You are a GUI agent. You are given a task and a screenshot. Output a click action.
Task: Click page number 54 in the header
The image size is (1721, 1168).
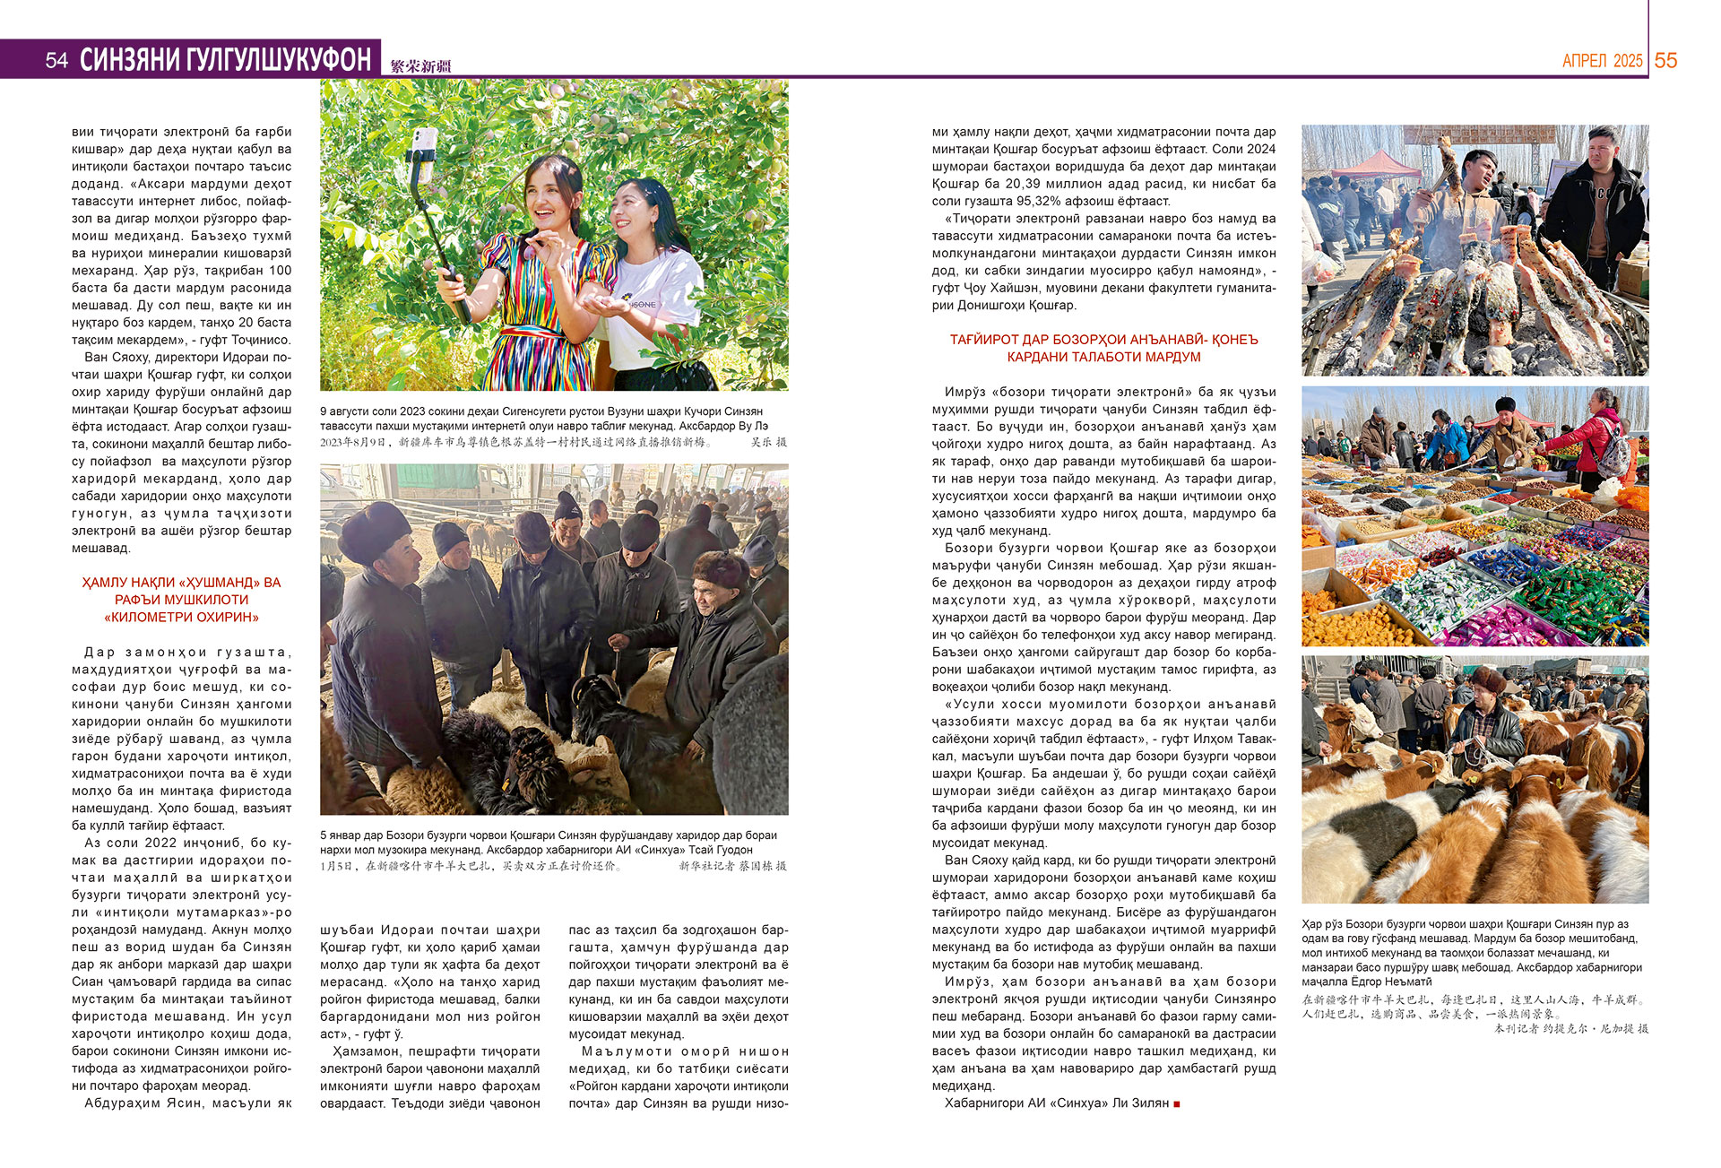click(56, 60)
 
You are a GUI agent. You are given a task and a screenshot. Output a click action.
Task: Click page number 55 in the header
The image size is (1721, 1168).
click(1665, 60)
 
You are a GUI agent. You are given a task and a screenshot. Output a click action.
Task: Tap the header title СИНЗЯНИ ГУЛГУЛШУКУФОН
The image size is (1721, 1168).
click(225, 60)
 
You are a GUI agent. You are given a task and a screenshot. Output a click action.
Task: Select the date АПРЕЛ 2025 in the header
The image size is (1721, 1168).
click(1602, 61)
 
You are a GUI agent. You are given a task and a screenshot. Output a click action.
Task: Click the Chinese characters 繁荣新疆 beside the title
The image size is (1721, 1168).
click(420, 66)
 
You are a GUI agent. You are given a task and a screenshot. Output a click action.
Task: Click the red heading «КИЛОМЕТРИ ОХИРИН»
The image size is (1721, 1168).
click(181, 617)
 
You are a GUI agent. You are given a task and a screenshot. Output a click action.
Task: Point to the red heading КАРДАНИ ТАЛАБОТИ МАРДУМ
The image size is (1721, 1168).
click(1103, 357)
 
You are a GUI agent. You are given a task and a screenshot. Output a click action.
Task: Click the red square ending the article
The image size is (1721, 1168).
click(1177, 1103)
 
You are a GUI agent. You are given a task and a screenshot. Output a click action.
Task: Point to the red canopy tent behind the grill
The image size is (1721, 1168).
click(1376, 165)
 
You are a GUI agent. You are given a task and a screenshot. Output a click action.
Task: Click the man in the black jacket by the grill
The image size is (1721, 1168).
click(1598, 206)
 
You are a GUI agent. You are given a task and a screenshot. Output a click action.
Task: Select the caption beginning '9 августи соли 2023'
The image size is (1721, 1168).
click(543, 419)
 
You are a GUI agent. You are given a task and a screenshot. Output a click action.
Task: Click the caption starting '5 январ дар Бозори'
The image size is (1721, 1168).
click(548, 843)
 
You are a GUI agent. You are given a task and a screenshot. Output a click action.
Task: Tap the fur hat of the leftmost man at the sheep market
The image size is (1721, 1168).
click(375, 529)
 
